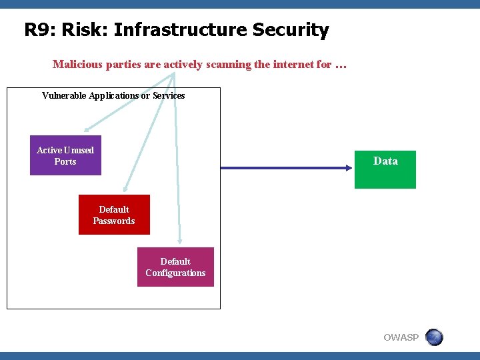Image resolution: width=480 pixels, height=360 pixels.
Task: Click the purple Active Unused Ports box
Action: pyautogui.click(x=65, y=155)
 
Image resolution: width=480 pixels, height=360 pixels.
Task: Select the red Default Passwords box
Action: pyautogui.click(x=114, y=215)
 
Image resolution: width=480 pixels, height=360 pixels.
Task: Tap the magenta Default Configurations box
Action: pyautogui.click(x=175, y=267)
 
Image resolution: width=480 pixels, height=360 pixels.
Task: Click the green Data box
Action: pyautogui.click(x=385, y=169)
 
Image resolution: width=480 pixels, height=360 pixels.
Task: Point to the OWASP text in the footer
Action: pyautogui.click(x=401, y=338)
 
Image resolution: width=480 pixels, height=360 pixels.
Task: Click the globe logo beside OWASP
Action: pyautogui.click(x=434, y=337)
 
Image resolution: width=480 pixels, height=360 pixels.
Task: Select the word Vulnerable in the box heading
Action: pyautogui.click(x=64, y=95)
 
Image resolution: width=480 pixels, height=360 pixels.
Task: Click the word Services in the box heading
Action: pyautogui.click(x=169, y=95)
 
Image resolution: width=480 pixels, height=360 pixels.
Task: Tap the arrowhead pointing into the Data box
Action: pyautogui.click(x=349, y=168)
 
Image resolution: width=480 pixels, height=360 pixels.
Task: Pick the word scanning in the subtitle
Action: pyautogui.click(x=227, y=65)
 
